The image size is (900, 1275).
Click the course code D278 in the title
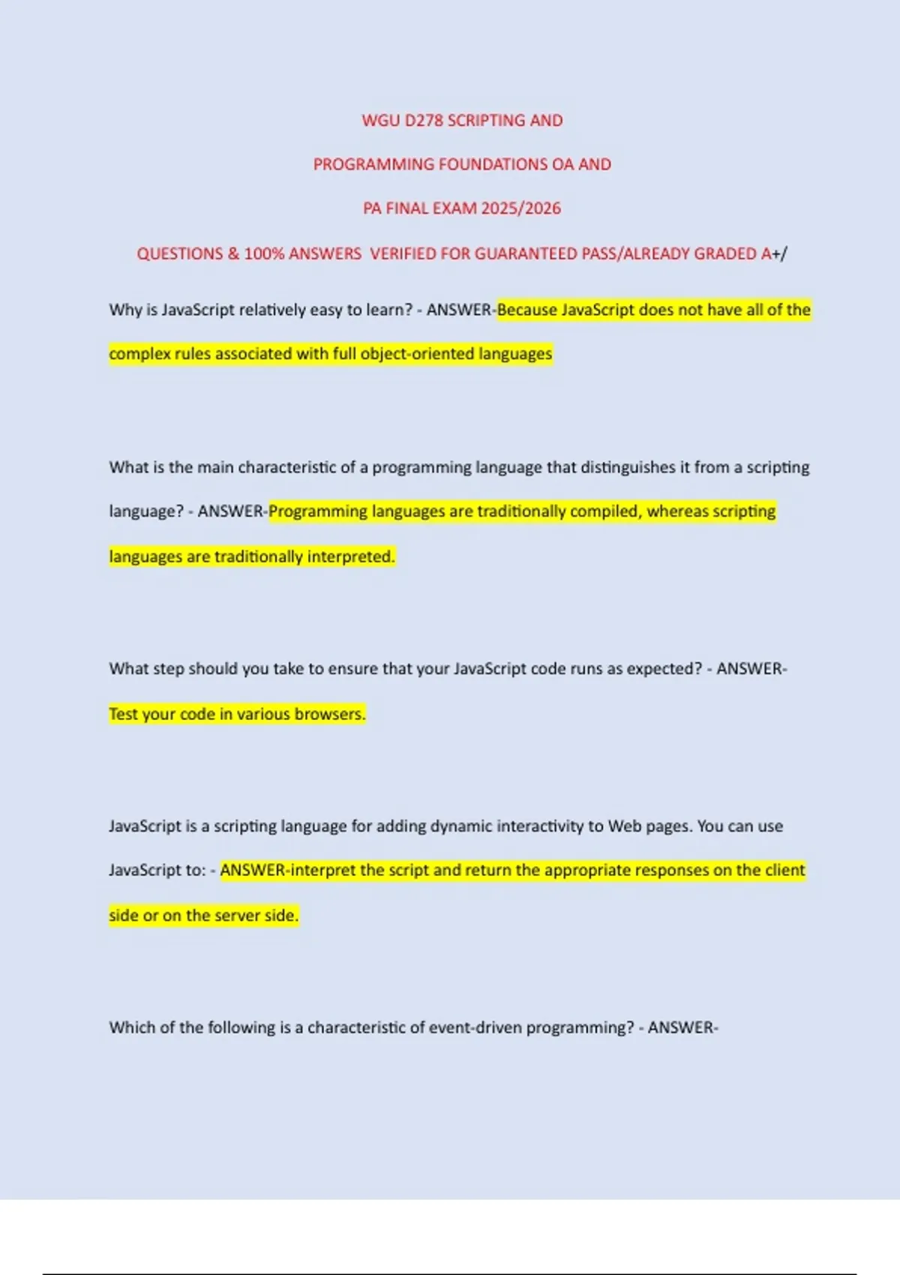(x=424, y=121)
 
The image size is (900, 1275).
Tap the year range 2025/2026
(x=520, y=208)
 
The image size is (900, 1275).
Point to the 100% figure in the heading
(x=264, y=253)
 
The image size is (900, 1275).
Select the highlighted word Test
(x=123, y=714)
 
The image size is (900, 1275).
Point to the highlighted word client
(x=784, y=870)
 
